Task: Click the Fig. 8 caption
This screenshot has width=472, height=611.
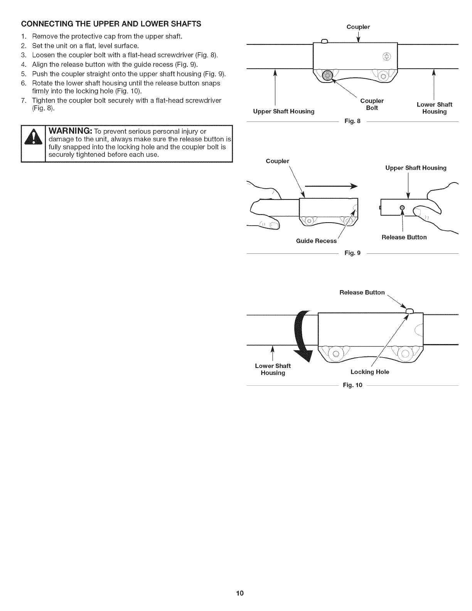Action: point(352,121)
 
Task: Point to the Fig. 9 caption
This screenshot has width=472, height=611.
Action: point(352,253)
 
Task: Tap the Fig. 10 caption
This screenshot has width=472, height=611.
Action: point(352,385)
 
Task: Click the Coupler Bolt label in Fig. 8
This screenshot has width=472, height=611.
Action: point(372,104)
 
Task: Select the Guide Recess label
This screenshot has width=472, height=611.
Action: point(316,241)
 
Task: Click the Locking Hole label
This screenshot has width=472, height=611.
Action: point(369,372)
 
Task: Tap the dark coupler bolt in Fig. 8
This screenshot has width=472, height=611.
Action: point(327,76)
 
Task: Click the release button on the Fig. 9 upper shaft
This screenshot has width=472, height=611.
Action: point(402,207)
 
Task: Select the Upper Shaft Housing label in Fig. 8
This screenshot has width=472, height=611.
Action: point(283,111)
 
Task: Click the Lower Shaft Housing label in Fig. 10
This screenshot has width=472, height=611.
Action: point(273,369)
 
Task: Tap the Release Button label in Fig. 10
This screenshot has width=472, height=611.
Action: point(362,292)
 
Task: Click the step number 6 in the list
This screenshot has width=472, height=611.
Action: point(24,83)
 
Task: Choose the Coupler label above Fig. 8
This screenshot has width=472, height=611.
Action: point(358,27)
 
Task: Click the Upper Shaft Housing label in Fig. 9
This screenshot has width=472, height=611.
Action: point(416,168)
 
